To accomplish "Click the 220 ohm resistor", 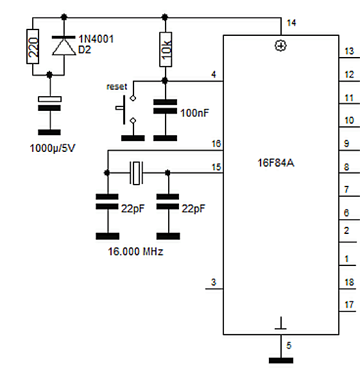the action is click(33, 47).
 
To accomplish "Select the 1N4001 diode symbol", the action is click(64, 46).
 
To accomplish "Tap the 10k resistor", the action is click(166, 49).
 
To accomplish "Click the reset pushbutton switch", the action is click(126, 110).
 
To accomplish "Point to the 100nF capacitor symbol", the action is click(165, 106).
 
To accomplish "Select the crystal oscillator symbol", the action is click(136, 173).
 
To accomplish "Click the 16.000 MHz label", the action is click(135, 251).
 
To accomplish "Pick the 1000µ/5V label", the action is click(53, 148).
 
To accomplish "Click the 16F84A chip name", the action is click(276, 163).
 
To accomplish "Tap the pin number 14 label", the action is click(291, 23).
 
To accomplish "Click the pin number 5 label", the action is click(289, 345).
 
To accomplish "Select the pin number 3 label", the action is click(214, 282).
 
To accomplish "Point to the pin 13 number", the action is click(349, 51).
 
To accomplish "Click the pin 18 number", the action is click(349, 283).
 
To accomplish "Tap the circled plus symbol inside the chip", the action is click(280, 46).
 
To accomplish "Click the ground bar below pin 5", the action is click(281, 360).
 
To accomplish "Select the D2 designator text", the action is click(85, 50).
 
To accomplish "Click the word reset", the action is click(117, 87).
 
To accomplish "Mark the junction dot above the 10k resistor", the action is click(165, 17).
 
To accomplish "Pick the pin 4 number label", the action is click(214, 74).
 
